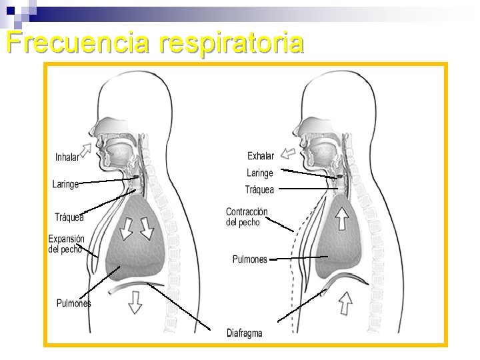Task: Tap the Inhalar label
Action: (67, 158)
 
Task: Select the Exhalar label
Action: (260, 156)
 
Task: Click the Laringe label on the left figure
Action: (65, 184)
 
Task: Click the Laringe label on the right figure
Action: (260, 173)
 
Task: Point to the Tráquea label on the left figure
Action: (69, 217)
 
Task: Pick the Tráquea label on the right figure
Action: (259, 190)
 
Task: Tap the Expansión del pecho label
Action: (66, 244)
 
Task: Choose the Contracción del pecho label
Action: (247, 217)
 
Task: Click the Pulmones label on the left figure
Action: (73, 303)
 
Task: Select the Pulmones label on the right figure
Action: (249, 259)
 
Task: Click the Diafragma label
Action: (244, 333)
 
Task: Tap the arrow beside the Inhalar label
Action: (87, 148)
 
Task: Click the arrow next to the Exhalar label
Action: (287, 153)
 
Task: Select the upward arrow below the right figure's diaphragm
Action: (345, 303)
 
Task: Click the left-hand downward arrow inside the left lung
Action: (126, 228)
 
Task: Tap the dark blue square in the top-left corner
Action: (10, 11)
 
